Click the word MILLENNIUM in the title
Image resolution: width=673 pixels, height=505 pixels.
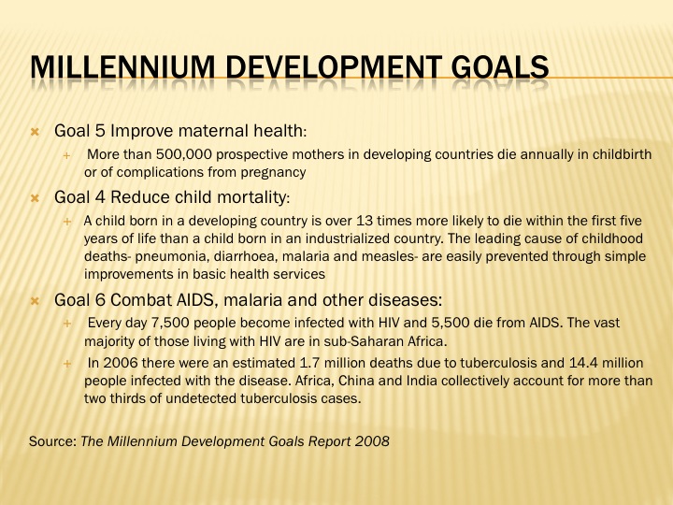click(x=122, y=67)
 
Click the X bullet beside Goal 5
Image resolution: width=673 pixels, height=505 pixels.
click(x=36, y=132)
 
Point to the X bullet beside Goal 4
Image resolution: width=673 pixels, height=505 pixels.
click(x=36, y=198)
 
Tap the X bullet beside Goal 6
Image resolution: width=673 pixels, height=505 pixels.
click(x=36, y=301)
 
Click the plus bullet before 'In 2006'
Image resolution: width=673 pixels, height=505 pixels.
click(x=67, y=364)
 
